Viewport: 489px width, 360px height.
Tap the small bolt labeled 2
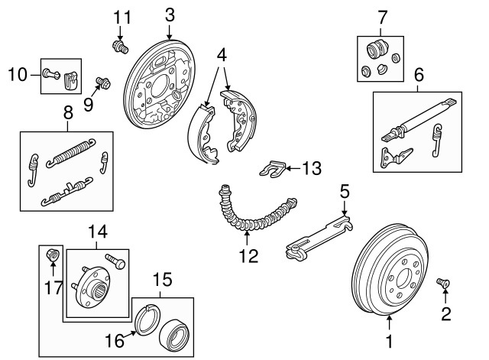(x=442, y=284)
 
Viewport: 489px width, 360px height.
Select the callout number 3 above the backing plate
(x=170, y=14)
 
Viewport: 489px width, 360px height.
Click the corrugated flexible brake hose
(x=252, y=218)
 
